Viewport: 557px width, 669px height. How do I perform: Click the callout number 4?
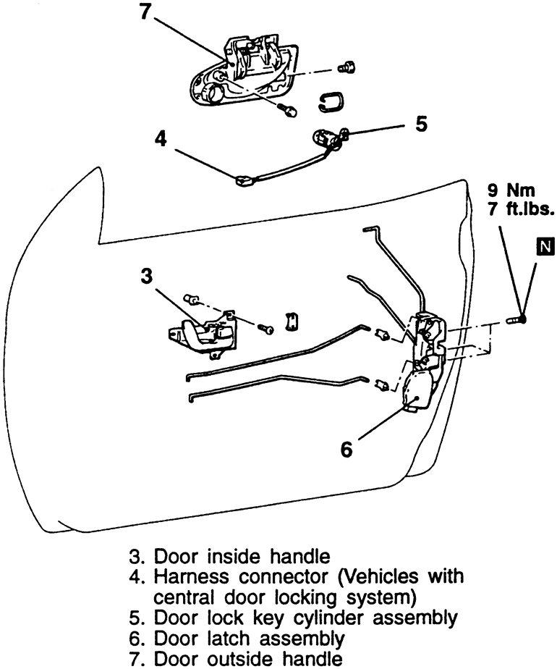click(x=162, y=139)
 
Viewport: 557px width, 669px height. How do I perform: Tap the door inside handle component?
click(x=203, y=334)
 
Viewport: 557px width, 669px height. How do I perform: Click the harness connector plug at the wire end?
click(x=245, y=180)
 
